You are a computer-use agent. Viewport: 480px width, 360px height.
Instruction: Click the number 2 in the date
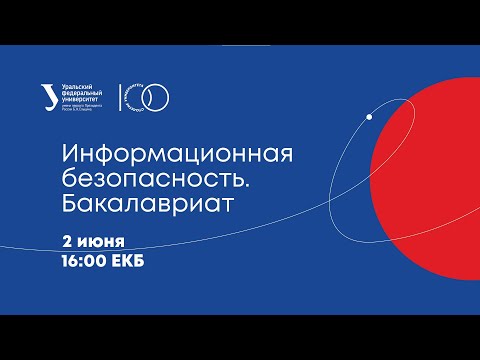(x=67, y=242)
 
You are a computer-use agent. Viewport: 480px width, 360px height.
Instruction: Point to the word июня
(x=101, y=242)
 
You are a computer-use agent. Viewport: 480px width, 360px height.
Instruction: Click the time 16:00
(x=86, y=265)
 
